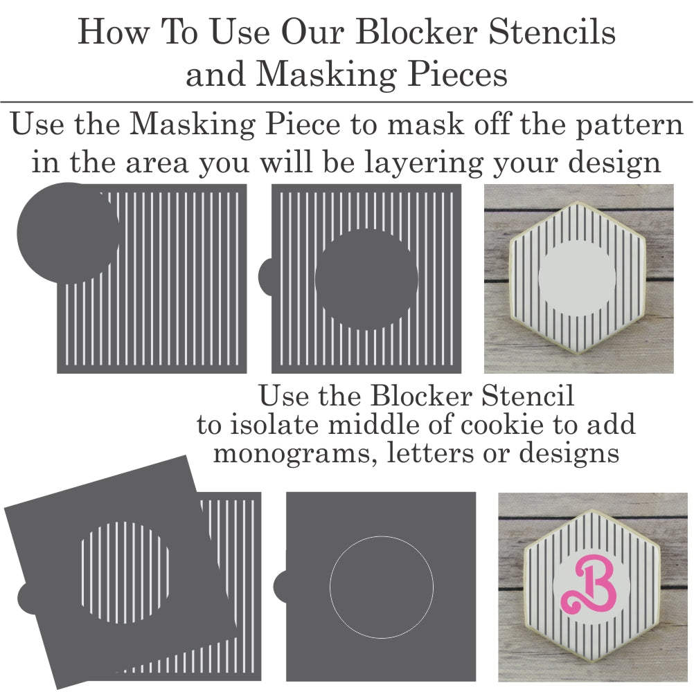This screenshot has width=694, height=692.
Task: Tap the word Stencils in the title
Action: click(552, 32)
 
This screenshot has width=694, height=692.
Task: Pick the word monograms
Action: click(291, 454)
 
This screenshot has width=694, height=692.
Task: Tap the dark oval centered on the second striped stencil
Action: click(366, 279)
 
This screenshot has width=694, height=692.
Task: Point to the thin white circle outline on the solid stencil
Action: click(330, 588)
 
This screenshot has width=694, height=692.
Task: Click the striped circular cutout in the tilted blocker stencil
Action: click(125, 572)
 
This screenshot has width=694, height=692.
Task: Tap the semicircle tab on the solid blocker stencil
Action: click(281, 586)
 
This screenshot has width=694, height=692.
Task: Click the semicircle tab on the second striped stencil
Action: click(265, 276)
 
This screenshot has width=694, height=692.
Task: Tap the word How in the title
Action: click(114, 32)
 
